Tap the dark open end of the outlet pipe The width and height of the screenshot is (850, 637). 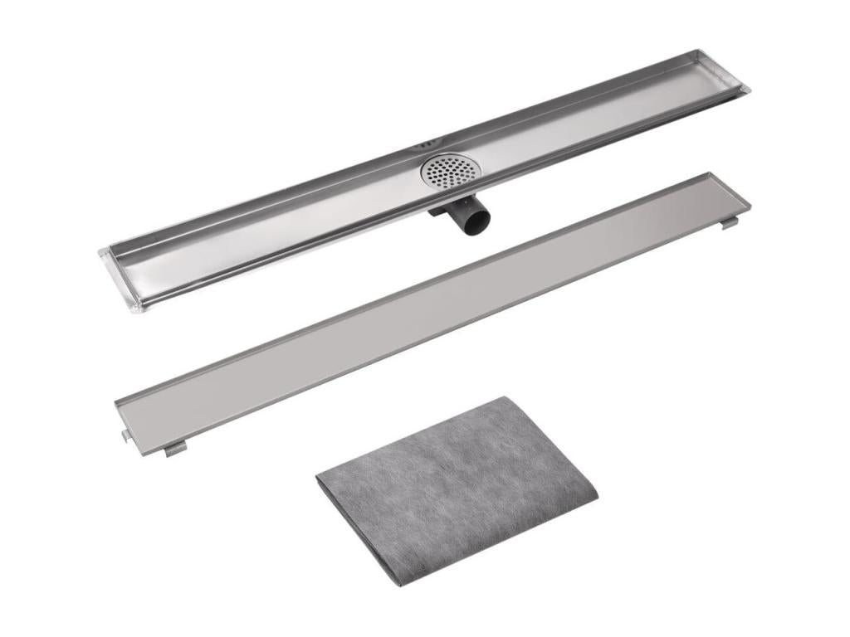tap(476, 218)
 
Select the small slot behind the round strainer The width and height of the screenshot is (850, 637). tap(427, 145)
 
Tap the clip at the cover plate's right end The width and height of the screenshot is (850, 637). tap(729, 222)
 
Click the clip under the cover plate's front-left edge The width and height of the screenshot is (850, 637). tap(174, 449)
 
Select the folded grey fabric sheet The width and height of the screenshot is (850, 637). tap(457, 489)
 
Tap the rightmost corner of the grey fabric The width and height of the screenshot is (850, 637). tap(596, 496)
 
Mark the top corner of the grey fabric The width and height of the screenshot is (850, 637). tap(506, 398)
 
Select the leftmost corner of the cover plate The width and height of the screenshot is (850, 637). tap(116, 403)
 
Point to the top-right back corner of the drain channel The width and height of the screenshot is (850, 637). tap(702, 51)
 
